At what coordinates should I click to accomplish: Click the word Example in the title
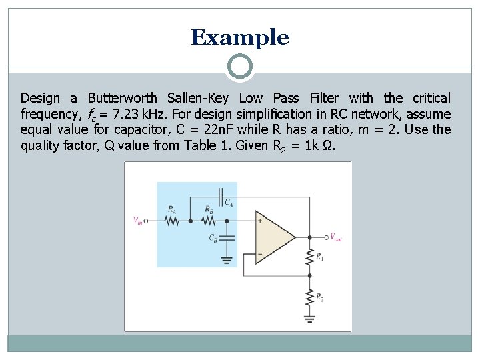coord(240,37)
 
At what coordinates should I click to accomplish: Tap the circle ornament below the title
coord(240,67)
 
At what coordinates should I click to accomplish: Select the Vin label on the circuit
coord(137,220)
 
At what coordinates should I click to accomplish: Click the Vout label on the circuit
coord(335,237)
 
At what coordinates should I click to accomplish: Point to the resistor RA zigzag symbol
coord(173,220)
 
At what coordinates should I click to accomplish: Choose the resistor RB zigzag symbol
coord(208,220)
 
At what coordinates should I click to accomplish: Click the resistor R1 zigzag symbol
coord(309,256)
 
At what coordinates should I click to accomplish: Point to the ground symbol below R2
coord(309,318)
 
